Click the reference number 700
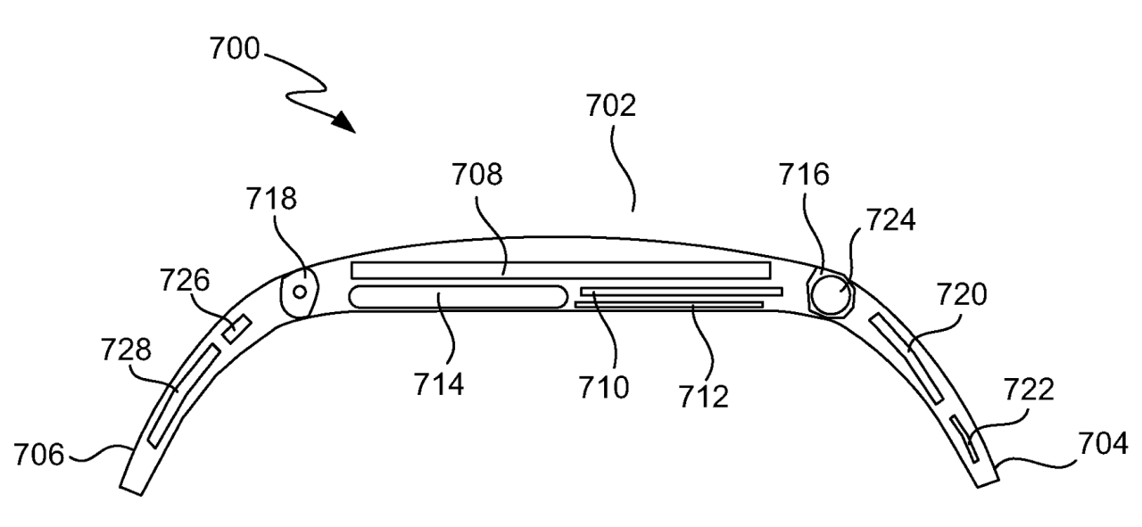(235, 49)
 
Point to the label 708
(476, 176)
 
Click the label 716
(803, 176)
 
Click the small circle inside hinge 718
(301, 292)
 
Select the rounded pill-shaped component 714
(458, 297)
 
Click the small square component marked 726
(237, 329)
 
